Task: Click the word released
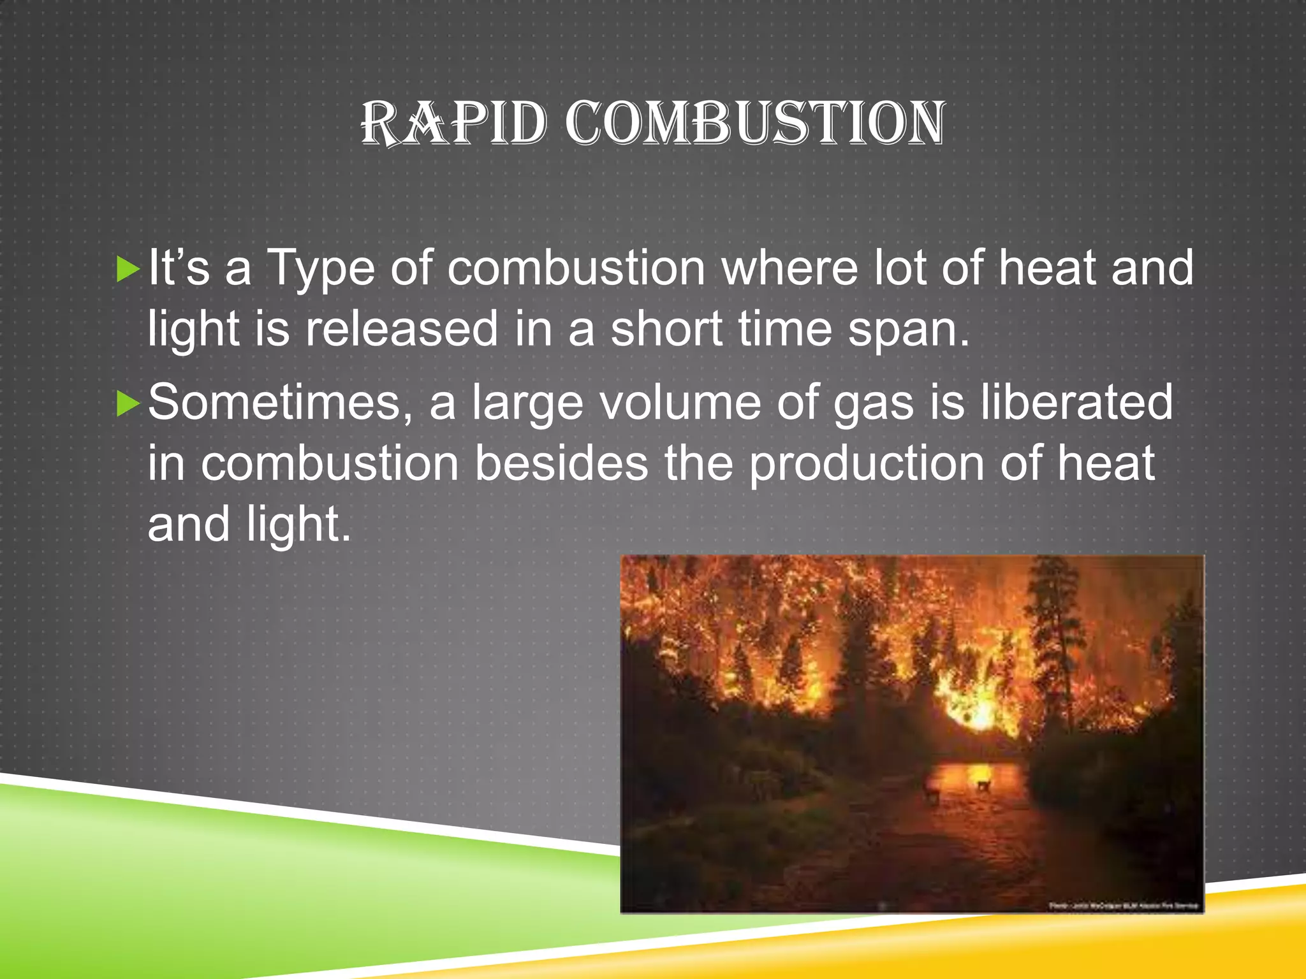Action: (401, 330)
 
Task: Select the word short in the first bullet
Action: (666, 330)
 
